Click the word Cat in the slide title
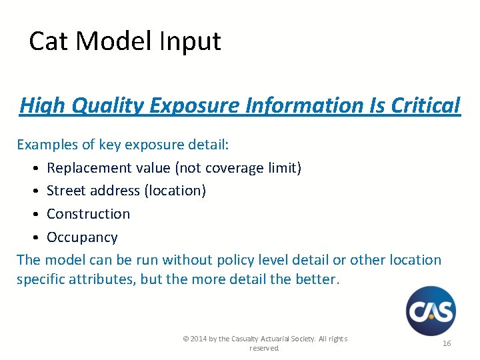[49, 41]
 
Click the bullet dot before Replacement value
[33, 168]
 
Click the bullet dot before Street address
[33, 191]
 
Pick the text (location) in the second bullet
[175, 191]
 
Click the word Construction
[88, 214]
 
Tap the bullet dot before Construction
[33, 215]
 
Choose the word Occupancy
[82, 237]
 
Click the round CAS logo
[431, 311]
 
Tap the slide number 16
[447, 343]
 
